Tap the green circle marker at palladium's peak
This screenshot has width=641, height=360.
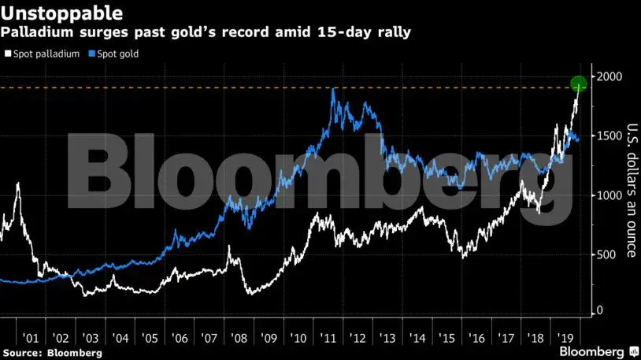click(579, 84)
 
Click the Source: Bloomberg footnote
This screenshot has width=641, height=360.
click(52, 353)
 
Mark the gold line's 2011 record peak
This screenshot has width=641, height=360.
click(334, 89)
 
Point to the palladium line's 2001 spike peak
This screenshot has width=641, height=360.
click(18, 184)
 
